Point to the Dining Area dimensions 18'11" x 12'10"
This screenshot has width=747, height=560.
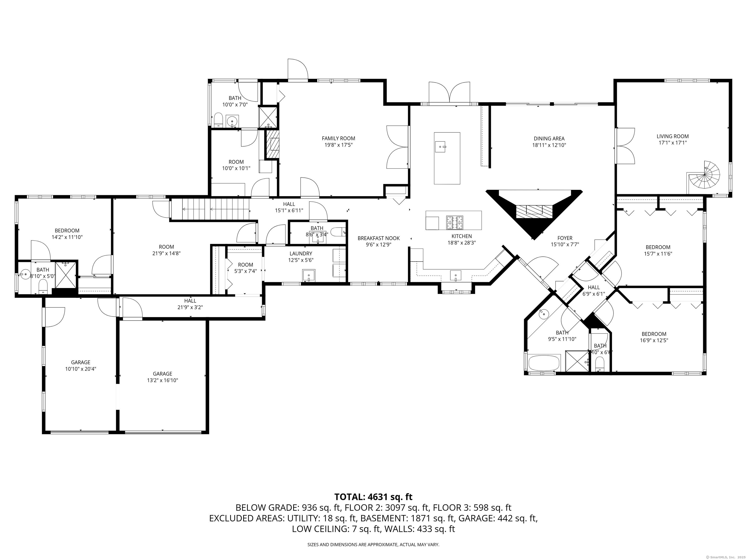[549, 145]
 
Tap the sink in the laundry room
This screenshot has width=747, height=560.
[309, 275]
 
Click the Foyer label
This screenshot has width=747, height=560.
[565, 238]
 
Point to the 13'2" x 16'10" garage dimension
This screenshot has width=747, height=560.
[162, 380]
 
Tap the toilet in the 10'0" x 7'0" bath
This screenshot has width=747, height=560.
[218, 120]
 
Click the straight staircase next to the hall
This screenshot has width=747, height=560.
[210, 209]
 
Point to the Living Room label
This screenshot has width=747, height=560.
[672, 136]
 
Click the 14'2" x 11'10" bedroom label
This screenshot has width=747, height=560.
[67, 231]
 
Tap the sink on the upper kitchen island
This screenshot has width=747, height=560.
[441, 146]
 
